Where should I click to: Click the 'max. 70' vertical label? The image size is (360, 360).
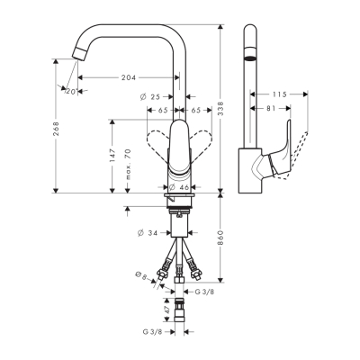point(130,166)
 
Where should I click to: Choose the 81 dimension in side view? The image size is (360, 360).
point(270,109)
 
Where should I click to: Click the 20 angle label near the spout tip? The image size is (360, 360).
point(69,90)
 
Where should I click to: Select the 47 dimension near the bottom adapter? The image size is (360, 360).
point(167,308)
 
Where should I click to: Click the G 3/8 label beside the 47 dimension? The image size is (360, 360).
point(151,334)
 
